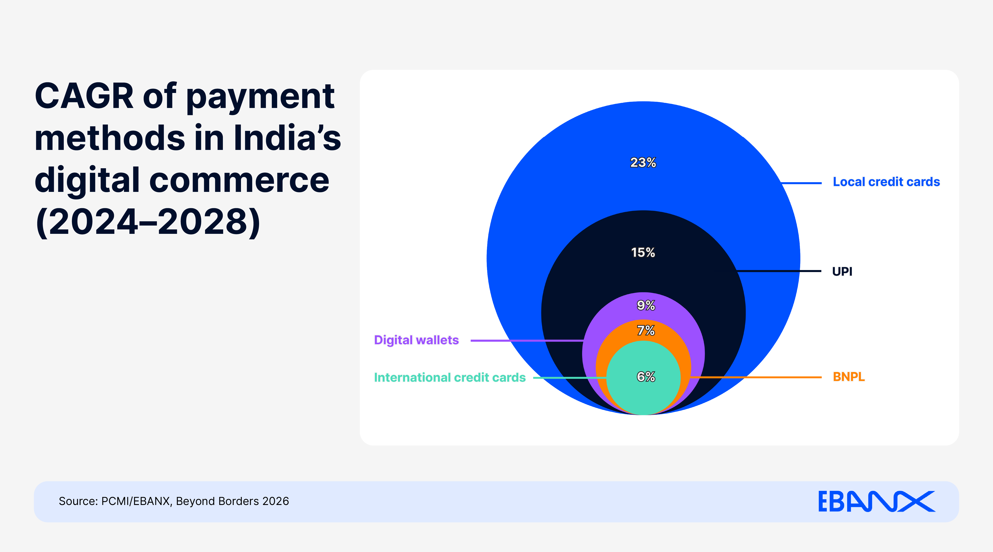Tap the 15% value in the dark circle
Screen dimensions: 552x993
click(x=643, y=253)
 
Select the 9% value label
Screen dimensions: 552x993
click(x=646, y=306)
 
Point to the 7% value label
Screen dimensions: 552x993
click(x=646, y=331)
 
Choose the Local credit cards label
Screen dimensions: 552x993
click(x=886, y=182)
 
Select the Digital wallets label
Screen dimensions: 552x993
click(x=416, y=340)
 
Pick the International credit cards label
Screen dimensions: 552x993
click(x=449, y=377)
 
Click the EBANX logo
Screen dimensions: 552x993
click(x=876, y=501)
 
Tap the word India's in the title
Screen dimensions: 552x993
click(x=287, y=138)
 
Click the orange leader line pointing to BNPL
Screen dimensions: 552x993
click(x=756, y=377)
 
